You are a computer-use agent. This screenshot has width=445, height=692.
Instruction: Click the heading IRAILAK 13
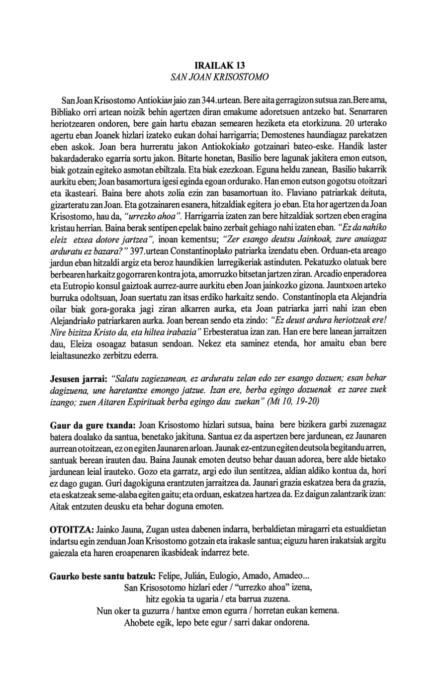(219, 65)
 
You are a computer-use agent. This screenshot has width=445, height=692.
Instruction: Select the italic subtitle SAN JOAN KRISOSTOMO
(219, 78)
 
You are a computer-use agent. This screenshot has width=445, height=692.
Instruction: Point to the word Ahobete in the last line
(141, 623)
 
